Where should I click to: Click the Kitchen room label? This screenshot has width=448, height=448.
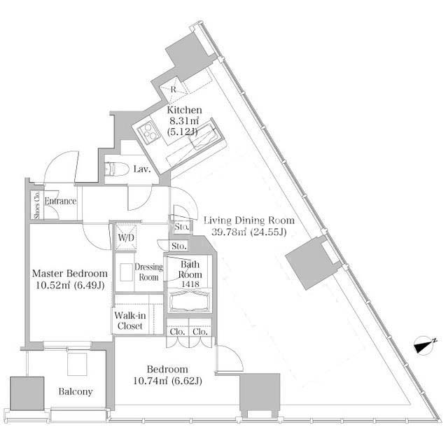click(184, 110)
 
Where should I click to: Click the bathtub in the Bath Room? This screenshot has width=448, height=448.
click(189, 302)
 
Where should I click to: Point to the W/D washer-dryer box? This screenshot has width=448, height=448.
click(126, 237)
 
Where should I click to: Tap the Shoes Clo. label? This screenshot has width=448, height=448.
click(37, 204)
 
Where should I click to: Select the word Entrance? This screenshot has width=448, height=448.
click(61, 201)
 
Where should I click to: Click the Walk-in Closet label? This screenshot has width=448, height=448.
click(130, 321)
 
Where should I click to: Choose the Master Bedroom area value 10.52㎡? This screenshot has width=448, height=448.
click(52, 285)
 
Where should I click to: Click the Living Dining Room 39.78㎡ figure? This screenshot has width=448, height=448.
click(229, 232)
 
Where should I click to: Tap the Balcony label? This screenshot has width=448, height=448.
click(76, 391)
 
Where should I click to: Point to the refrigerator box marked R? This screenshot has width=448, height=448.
click(174, 90)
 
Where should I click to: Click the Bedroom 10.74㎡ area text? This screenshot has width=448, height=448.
click(150, 381)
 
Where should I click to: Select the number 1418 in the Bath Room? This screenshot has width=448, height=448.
click(190, 284)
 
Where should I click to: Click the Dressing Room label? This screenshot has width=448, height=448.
click(148, 272)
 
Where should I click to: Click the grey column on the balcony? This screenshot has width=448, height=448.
click(27, 393)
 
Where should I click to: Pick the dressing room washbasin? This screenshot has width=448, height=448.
click(127, 272)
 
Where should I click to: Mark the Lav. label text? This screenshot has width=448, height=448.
click(142, 169)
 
